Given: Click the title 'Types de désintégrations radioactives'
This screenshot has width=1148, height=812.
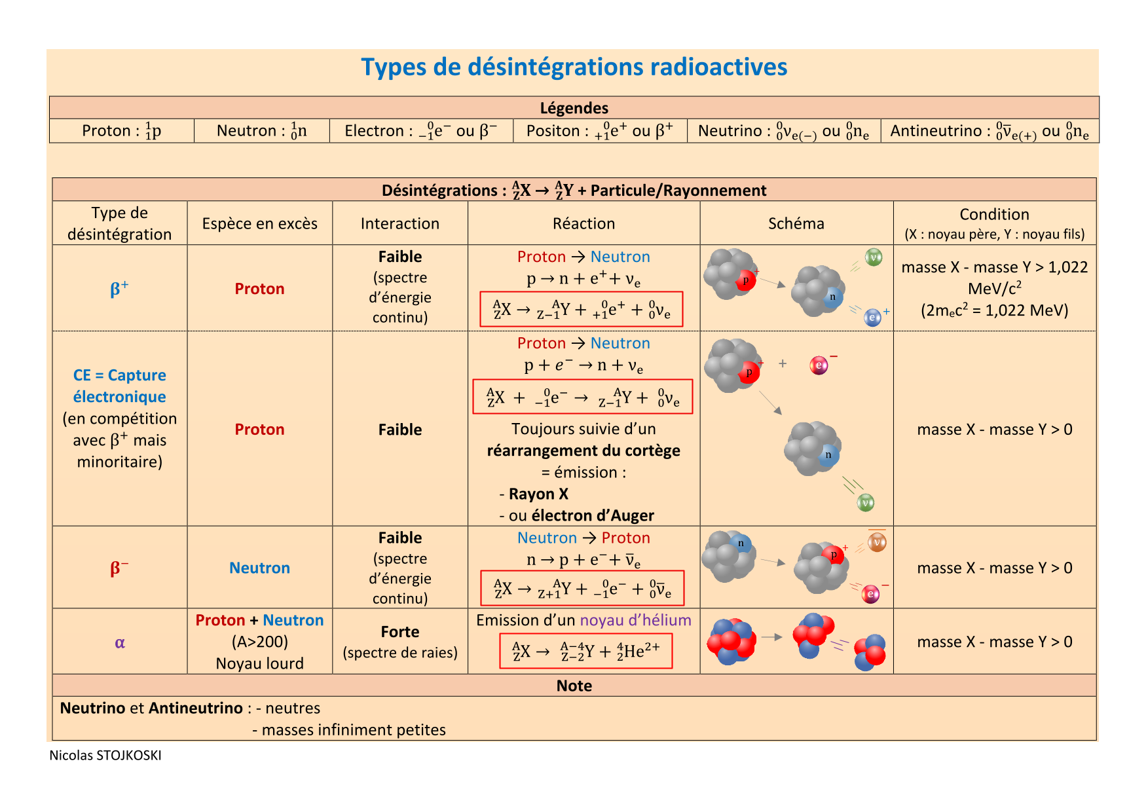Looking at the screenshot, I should click(574, 67).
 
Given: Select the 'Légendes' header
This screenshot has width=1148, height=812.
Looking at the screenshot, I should click(574, 108).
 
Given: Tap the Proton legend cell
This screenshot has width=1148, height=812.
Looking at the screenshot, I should click(122, 131).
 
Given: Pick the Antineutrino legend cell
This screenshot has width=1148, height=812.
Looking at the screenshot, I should click(989, 131).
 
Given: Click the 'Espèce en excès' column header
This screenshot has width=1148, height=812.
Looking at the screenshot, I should click(259, 224).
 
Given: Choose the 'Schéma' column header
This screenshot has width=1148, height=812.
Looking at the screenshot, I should click(796, 224).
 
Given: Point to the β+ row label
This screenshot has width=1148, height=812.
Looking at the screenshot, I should click(119, 289).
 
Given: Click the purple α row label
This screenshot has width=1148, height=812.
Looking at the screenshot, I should click(120, 642).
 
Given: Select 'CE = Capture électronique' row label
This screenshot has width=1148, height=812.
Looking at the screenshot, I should click(119, 386).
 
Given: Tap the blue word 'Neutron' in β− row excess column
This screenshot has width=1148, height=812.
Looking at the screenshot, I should click(259, 568).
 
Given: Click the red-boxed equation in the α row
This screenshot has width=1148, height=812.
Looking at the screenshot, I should click(585, 651).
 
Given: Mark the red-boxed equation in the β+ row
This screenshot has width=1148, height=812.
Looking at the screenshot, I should click(581, 309).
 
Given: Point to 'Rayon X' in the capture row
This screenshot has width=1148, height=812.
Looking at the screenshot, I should click(538, 494).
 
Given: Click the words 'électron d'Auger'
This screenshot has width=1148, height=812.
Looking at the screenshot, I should click(593, 516).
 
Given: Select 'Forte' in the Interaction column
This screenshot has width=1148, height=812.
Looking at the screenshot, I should click(399, 632).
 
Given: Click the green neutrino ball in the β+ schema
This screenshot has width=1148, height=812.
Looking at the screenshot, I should click(874, 257).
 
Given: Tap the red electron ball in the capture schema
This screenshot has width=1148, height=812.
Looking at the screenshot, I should click(819, 365).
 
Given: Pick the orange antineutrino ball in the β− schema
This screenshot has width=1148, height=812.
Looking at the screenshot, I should click(877, 542).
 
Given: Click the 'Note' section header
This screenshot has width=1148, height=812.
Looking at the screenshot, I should click(574, 686).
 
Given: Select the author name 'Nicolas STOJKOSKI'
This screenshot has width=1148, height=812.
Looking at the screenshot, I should click(105, 755).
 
